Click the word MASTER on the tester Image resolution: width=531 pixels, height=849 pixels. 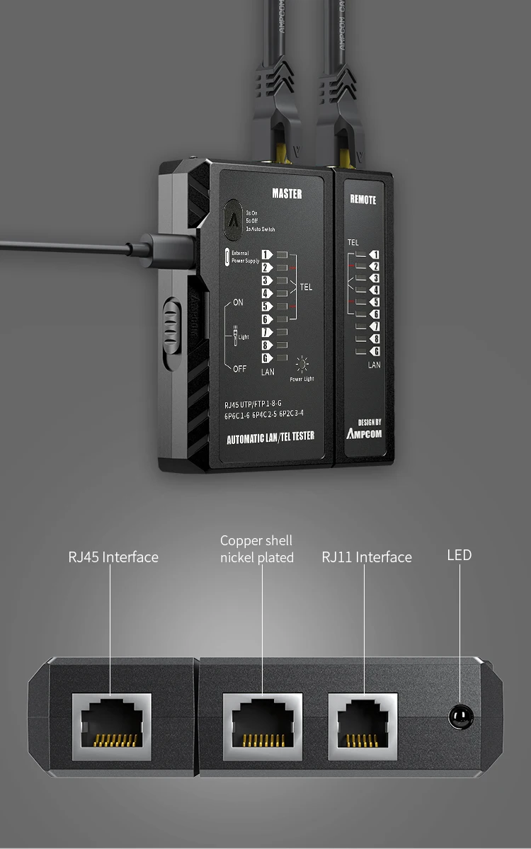(287, 193)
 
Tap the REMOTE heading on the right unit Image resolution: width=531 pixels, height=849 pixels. (363, 200)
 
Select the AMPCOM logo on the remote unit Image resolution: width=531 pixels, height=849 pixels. (364, 433)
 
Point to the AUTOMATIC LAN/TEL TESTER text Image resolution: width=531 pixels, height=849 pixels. (270, 438)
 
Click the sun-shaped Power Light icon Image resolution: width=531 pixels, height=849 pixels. (302, 365)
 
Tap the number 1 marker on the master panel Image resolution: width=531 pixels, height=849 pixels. (267, 255)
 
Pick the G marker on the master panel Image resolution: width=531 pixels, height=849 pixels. (267, 358)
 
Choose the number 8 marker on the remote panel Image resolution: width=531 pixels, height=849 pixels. (375, 339)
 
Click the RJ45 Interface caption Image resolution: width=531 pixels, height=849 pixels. (113, 557)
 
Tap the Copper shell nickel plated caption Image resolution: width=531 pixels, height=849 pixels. (256, 549)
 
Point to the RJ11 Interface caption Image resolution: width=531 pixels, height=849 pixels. (367, 557)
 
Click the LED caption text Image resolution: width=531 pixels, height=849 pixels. (459, 555)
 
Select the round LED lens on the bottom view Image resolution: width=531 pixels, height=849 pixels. (461, 717)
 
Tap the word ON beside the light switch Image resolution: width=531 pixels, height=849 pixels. (238, 302)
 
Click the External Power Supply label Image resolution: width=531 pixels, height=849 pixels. (245, 257)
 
